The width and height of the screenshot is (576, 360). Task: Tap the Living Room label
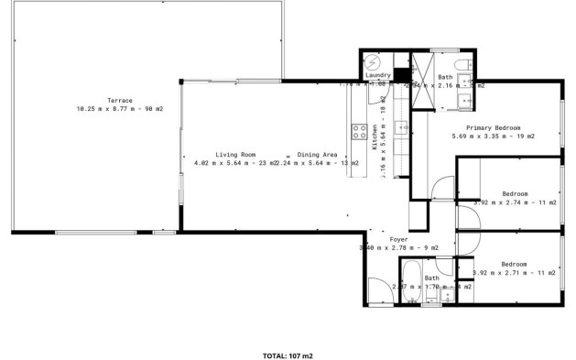tap(235, 155)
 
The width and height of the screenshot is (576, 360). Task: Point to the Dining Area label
tap(316, 155)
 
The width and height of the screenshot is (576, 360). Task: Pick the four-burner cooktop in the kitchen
tap(361, 130)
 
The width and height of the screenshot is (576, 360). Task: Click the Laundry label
tap(380, 75)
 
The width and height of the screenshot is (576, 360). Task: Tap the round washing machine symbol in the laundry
tap(374, 62)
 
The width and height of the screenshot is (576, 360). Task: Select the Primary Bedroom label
tap(494, 127)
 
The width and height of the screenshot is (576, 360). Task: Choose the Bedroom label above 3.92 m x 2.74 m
tap(515, 193)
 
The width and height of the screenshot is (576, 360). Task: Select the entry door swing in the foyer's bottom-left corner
tap(377, 288)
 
